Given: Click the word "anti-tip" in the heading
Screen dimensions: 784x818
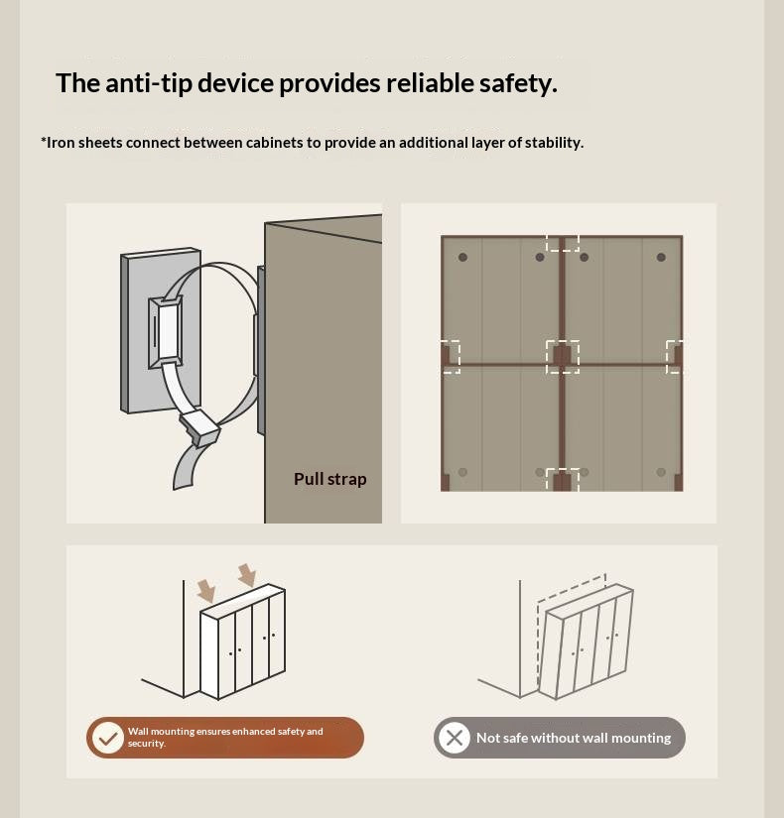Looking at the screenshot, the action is coord(150,83).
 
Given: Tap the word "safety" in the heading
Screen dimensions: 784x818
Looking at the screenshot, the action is coord(518,84).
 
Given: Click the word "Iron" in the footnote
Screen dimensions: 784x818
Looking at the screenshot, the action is coord(61,143).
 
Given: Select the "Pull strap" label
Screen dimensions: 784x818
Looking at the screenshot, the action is coord(330,479).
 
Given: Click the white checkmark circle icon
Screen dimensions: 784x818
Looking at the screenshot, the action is coord(107,738).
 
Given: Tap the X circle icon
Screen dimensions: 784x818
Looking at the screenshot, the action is coord(454,738).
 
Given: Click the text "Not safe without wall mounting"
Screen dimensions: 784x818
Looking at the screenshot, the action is coord(574,738).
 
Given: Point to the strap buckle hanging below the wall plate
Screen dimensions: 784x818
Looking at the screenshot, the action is coord(199,427).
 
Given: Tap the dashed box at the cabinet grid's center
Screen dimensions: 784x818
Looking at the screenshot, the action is coord(563,357).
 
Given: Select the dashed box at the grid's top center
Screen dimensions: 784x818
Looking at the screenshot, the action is coord(563,243).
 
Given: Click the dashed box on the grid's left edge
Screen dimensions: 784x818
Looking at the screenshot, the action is coord(451,357).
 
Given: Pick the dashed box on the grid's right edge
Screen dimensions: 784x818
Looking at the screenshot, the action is coord(674,357).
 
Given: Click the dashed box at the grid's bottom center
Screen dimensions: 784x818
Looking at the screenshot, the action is coord(563,480).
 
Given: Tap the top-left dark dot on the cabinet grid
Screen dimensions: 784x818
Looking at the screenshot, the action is coord(462,257).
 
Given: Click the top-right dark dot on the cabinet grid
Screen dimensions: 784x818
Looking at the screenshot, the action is coord(661,257).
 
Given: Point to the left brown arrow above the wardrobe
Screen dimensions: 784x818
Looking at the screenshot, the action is coord(206,591).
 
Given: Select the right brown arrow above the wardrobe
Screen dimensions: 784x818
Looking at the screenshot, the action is coord(247,575).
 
